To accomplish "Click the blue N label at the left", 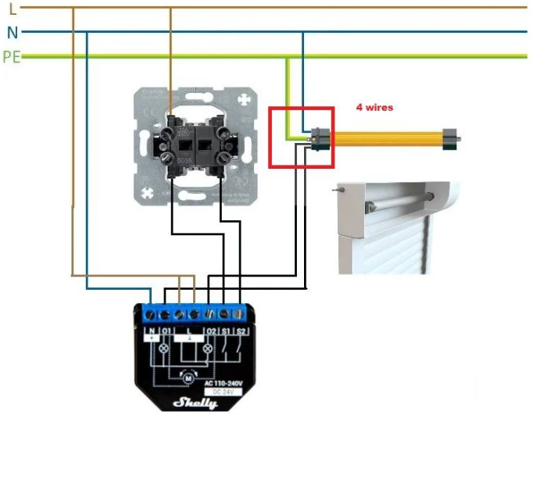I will pos(12,32).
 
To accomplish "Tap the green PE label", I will pos(12,56).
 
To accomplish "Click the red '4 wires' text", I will pos(375,107).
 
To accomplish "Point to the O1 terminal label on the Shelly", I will pos(166,332).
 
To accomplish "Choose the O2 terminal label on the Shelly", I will pos(209,332).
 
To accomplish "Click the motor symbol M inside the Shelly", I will pos(188,376).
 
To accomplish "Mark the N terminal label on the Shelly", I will pos(152,332).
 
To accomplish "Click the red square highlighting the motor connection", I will pos(302,138).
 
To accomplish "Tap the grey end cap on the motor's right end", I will pos(452,138).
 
